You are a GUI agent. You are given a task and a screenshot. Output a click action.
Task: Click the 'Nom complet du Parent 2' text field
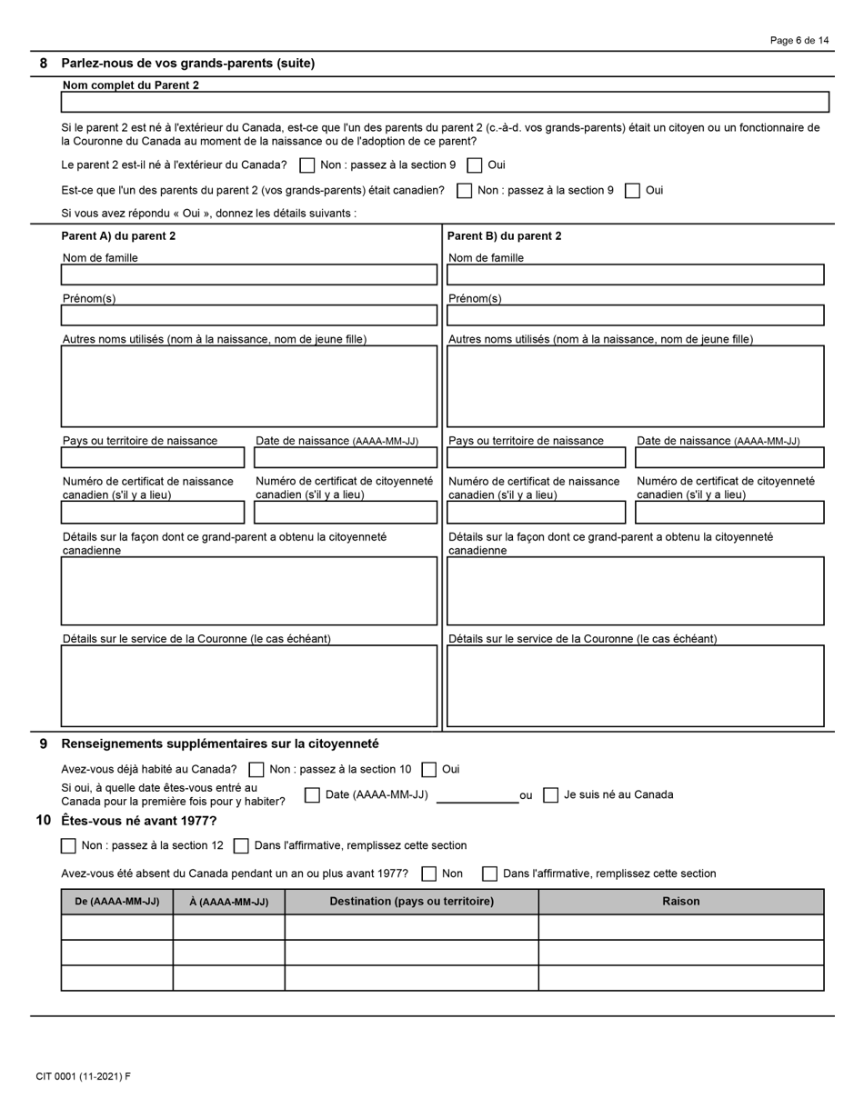click(x=445, y=102)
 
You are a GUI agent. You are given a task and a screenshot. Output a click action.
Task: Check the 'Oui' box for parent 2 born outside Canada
click(x=475, y=165)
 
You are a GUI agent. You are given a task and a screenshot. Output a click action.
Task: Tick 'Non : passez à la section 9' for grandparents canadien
click(x=464, y=191)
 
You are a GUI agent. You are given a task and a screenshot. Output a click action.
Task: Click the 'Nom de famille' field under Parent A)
click(x=248, y=275)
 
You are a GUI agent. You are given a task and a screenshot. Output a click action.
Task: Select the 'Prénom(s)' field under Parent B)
click(x=635, y=315)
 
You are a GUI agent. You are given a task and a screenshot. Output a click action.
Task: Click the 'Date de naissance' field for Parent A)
click(x=345, y=457)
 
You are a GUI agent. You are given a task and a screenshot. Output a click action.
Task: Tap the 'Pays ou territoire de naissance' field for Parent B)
click(x=536, y=457)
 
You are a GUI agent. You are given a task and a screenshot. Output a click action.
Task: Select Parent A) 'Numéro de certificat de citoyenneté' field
click(x=345, y=513)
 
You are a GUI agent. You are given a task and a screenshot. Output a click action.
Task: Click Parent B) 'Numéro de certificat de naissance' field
click(x=536, y=513)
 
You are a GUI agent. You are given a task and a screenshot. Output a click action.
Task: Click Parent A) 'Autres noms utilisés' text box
click(x=248, y=386)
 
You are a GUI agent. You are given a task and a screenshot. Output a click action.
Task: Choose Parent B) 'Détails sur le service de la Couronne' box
click(x=635, y=686)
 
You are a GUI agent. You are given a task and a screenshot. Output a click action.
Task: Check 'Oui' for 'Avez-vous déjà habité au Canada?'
click(x=429, y=770)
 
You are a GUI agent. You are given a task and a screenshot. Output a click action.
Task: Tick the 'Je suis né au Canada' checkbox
click(x=550, y=795)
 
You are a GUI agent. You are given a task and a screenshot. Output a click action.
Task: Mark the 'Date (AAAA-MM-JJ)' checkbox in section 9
click(x=312, y=795)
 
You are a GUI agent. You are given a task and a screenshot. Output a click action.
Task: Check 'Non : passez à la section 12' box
click(x=68, y=846)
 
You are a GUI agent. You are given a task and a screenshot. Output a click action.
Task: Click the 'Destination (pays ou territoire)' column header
click(x=411, y=902)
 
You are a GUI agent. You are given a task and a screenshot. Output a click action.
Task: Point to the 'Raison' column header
click(x=680, y=902)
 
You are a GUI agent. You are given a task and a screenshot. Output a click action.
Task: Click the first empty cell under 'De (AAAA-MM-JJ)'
click(x=116, y=927)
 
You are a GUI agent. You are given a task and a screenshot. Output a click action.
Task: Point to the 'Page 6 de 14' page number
click(x=799, y=41)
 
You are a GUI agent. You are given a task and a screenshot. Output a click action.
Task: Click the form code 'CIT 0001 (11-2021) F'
click(x=84, y=1077)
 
